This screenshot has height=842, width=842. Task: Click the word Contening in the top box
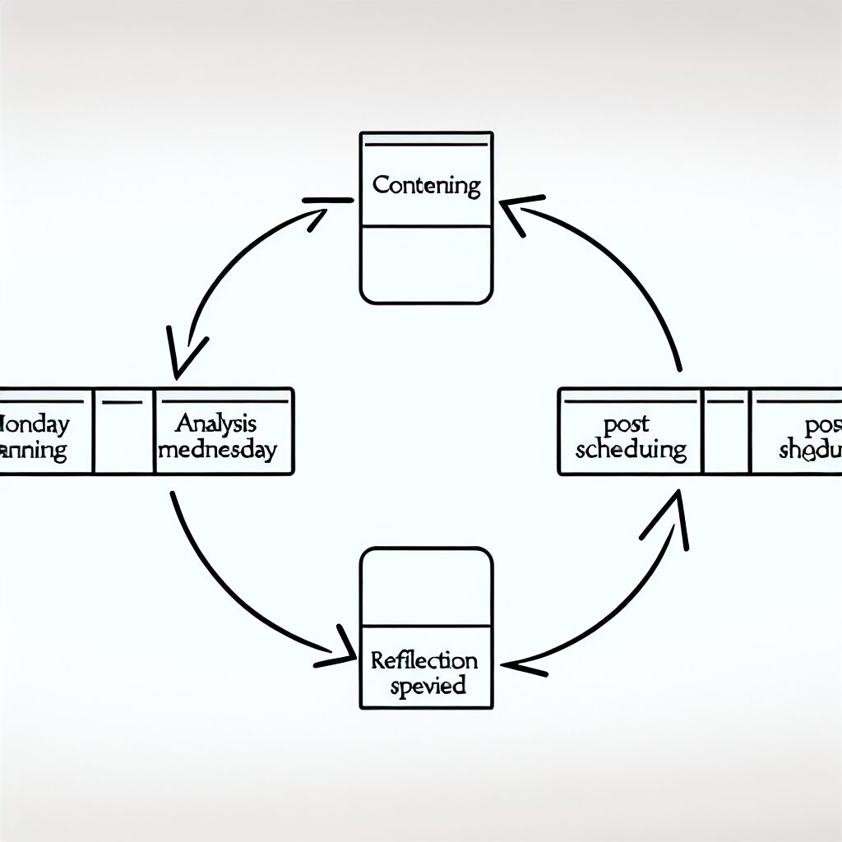[x=426, y=185]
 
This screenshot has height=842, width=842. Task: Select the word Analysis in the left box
[x=216, y=423]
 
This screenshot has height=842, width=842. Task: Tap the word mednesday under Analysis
[x=218, y=450]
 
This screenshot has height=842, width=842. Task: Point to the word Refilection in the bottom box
[x=424, y=660]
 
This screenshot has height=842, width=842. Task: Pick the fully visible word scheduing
[x=631, y=449]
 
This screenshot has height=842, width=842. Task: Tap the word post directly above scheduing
[x=627, y=423]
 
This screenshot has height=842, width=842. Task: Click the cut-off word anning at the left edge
[x=35, y=451]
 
